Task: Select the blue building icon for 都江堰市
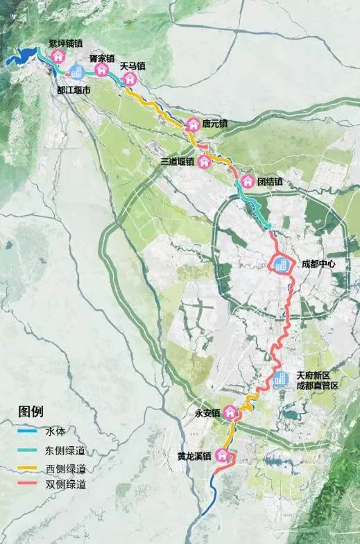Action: (x=76, y=71)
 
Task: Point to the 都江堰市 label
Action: (x=72, y=90)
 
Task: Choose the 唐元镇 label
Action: (x=216, y=124)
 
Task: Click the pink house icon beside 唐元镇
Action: (x=193, y=124)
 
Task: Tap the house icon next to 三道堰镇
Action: (x=205, y=162)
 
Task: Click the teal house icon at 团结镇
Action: (x=247, y=182)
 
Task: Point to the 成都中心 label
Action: (x=318, y=264)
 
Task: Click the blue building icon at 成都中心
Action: (x=280, y=264)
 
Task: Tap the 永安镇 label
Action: (x=207, y=414)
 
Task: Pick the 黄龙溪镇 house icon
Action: (x=222, y=456)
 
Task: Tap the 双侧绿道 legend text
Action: (x=71, y=485)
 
